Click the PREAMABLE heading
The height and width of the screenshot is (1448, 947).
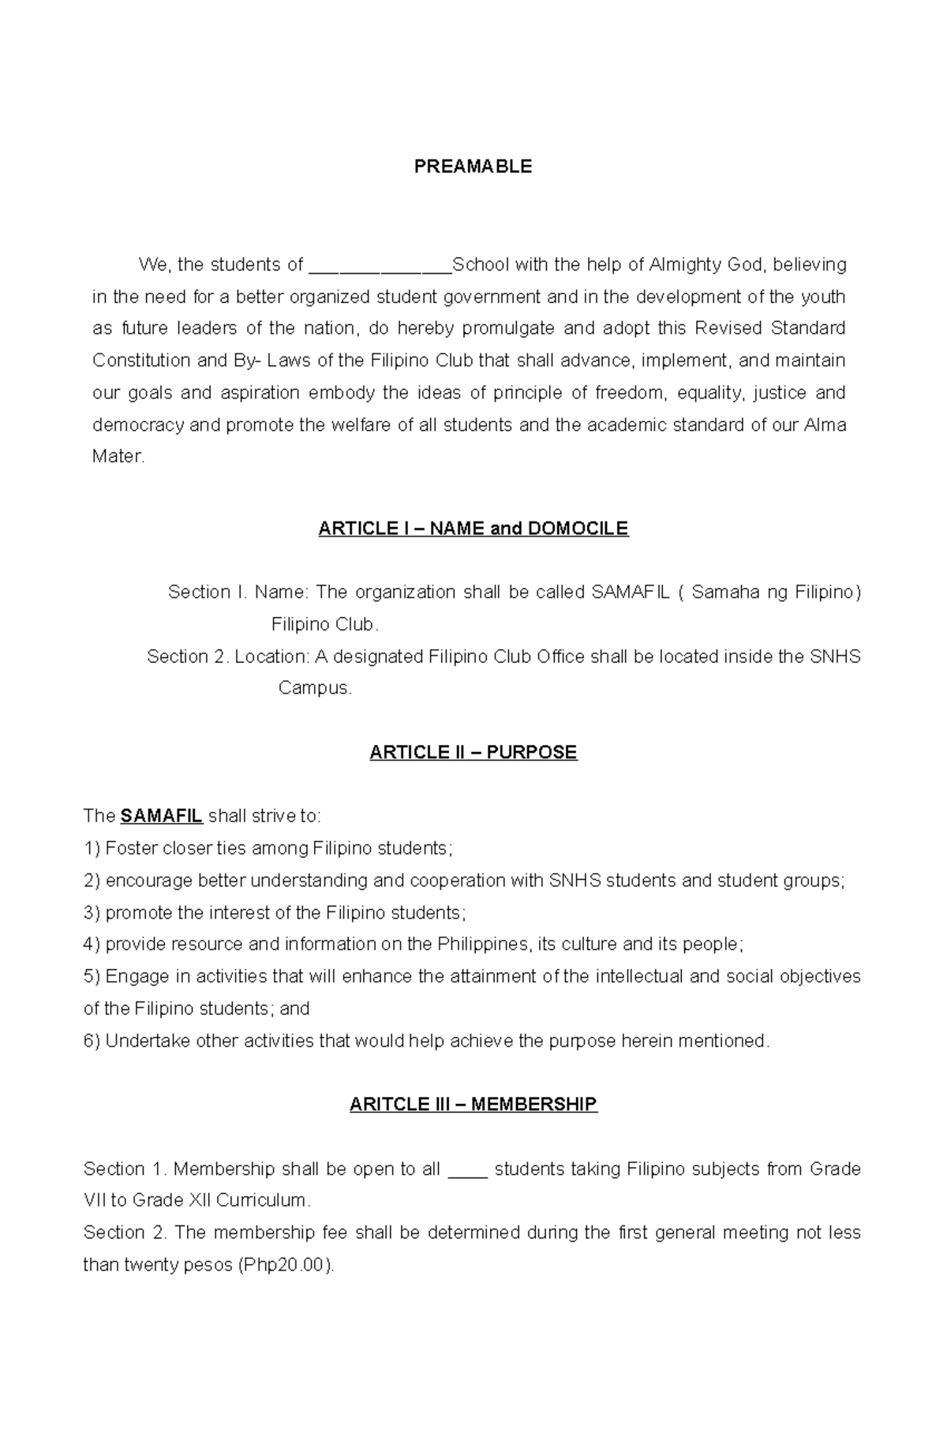point(473,167)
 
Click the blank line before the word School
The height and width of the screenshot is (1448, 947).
point(380,266)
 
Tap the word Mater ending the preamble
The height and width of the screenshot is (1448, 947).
point(118,457)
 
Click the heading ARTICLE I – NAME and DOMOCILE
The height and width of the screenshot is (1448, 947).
point(473,529)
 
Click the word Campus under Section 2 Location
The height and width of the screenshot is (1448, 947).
point(313,688)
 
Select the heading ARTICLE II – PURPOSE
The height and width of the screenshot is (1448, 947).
point(473,753)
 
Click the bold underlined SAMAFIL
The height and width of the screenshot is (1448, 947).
point(162,816)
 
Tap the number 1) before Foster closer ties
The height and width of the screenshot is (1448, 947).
point(92,849)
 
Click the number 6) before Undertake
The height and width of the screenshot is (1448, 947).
point(92,1042)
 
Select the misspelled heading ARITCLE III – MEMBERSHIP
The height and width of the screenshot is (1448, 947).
point(473,1105)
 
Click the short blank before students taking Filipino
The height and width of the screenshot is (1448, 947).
point(468,1170)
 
